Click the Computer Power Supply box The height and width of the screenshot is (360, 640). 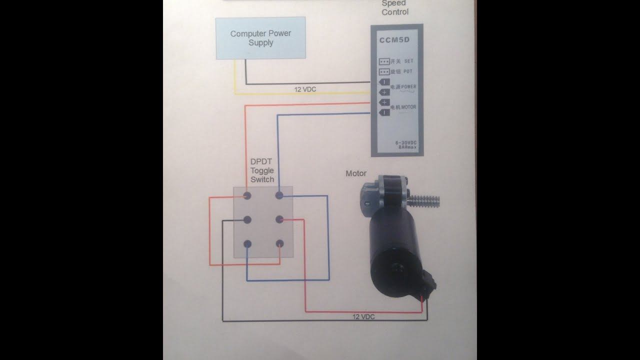[260, 38]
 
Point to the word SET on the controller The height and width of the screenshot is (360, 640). [408, 61]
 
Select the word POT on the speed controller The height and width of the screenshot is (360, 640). [408, 71]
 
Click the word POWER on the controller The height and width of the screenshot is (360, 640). [408, 86]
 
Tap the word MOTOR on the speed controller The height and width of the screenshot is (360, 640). [408, 107]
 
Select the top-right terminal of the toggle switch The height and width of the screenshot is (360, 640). [279, 194]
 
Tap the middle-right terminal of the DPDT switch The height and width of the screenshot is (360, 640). [279, 219]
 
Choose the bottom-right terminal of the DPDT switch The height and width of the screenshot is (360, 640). [279, 243]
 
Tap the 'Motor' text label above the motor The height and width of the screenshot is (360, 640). [356, 173]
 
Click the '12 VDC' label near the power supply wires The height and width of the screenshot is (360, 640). [305, 89]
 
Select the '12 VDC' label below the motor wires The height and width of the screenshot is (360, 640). [363, 317]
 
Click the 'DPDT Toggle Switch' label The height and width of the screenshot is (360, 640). [262, 171]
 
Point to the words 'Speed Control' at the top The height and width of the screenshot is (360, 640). [395, 7]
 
